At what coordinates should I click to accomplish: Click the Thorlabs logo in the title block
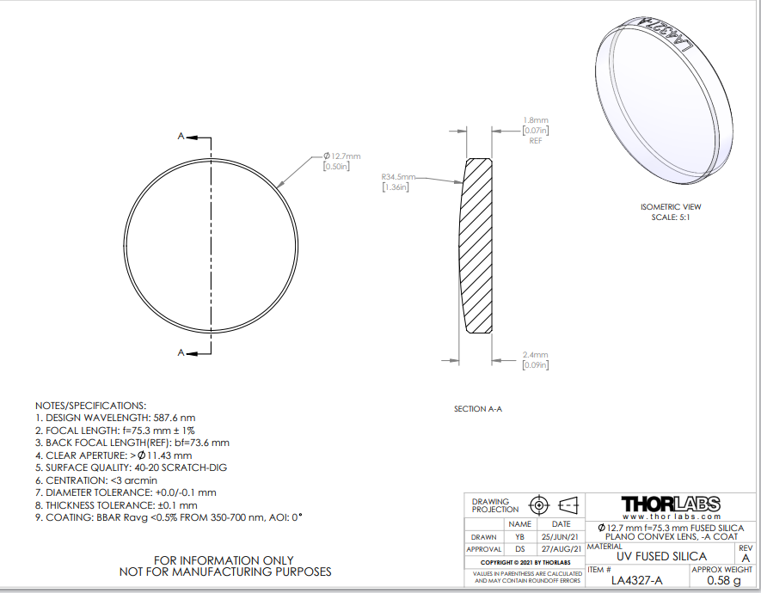pyautogui.click(x=671, y=504)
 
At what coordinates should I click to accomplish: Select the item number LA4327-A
pyautogui.click(x=636, y=580)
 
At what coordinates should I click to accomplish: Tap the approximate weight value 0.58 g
pyautogui.click(x=724, y=580)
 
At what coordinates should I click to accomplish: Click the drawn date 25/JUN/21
pyautogui.click(x=561, y=537)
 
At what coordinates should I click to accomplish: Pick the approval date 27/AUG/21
pyautogui.click(x=561, y=549)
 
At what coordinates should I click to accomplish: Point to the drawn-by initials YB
pyautogui.click(x=519, y=537)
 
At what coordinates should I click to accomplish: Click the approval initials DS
pyautogui.click(x=519, y=549)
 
